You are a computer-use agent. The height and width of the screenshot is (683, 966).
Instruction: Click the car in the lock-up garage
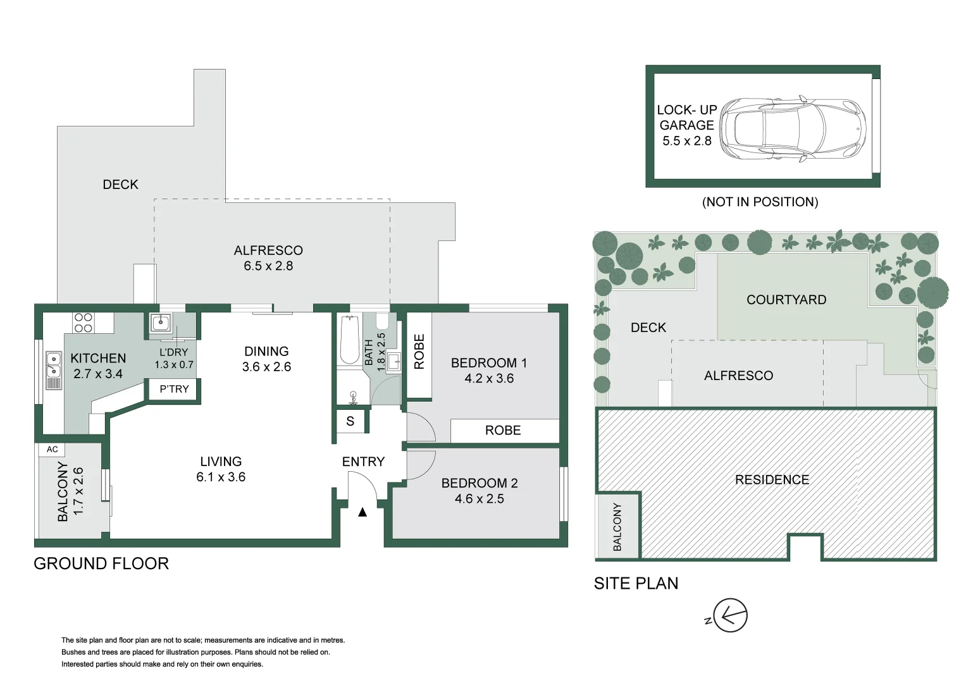793,129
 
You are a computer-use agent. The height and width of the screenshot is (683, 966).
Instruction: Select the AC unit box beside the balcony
53,449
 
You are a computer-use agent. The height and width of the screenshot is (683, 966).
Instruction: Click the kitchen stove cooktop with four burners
84,323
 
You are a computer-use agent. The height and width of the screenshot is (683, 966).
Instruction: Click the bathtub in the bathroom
349,340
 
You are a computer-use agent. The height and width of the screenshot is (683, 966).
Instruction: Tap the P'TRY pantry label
174,389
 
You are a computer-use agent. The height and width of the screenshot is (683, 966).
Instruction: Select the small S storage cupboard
350,421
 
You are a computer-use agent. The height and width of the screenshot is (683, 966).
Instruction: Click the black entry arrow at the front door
362,512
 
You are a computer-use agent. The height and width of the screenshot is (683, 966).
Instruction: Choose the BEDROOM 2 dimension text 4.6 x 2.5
479,499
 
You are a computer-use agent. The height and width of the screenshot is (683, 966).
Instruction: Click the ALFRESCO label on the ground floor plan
268,250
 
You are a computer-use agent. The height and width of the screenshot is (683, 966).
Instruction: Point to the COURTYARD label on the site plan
786,300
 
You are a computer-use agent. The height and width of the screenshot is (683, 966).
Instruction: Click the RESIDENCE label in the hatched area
772,480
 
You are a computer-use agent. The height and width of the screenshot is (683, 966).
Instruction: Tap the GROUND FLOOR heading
101,563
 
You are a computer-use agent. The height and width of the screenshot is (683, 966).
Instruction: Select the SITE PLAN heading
636,583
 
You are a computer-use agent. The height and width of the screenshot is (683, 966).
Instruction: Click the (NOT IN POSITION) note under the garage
760,202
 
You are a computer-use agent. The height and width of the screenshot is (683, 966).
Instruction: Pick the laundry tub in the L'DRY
161,323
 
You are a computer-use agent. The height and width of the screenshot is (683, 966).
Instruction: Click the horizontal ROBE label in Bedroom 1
503,431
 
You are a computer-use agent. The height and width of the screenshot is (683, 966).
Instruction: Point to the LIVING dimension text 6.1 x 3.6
221,477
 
